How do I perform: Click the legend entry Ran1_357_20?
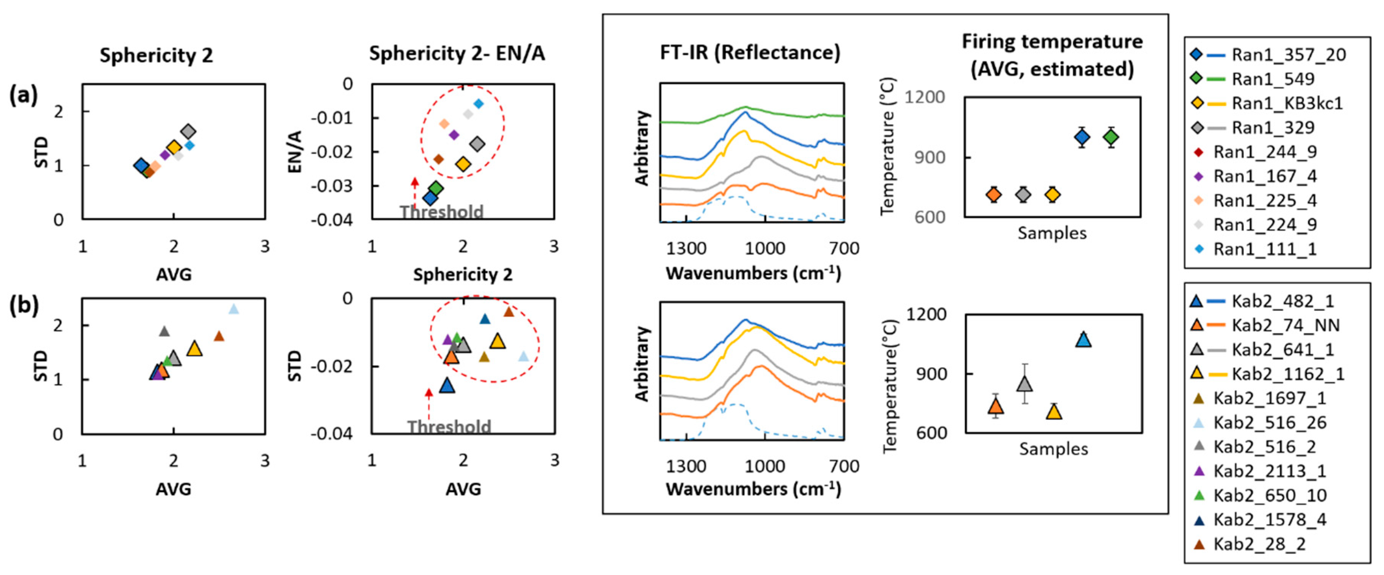(1288, 55)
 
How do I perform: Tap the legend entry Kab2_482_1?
(1282, 301)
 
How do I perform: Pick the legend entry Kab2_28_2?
(1259, 544)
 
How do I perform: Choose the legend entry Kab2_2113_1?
(1269, 471)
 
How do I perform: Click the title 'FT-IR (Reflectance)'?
(750, 52)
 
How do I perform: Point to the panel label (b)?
(24, 305)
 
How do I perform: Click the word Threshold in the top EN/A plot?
(442, 212)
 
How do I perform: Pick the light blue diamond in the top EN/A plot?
(479, 104)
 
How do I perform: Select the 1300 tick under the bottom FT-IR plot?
(686, 466)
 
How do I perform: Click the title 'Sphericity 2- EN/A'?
(457, 54)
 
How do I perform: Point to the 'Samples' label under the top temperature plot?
(1052, 233)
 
